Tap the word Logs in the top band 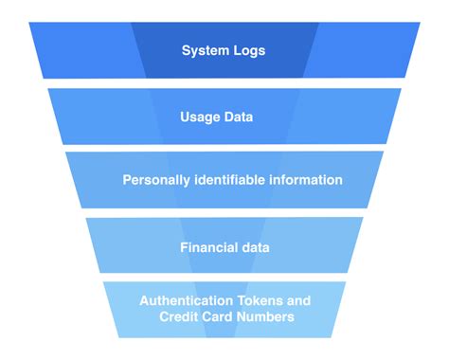(248, 50)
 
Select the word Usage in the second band (199, 117)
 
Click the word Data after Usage (244, 117)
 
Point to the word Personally (160, 180)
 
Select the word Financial (209, 247)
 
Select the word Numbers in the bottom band (267, 316)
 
